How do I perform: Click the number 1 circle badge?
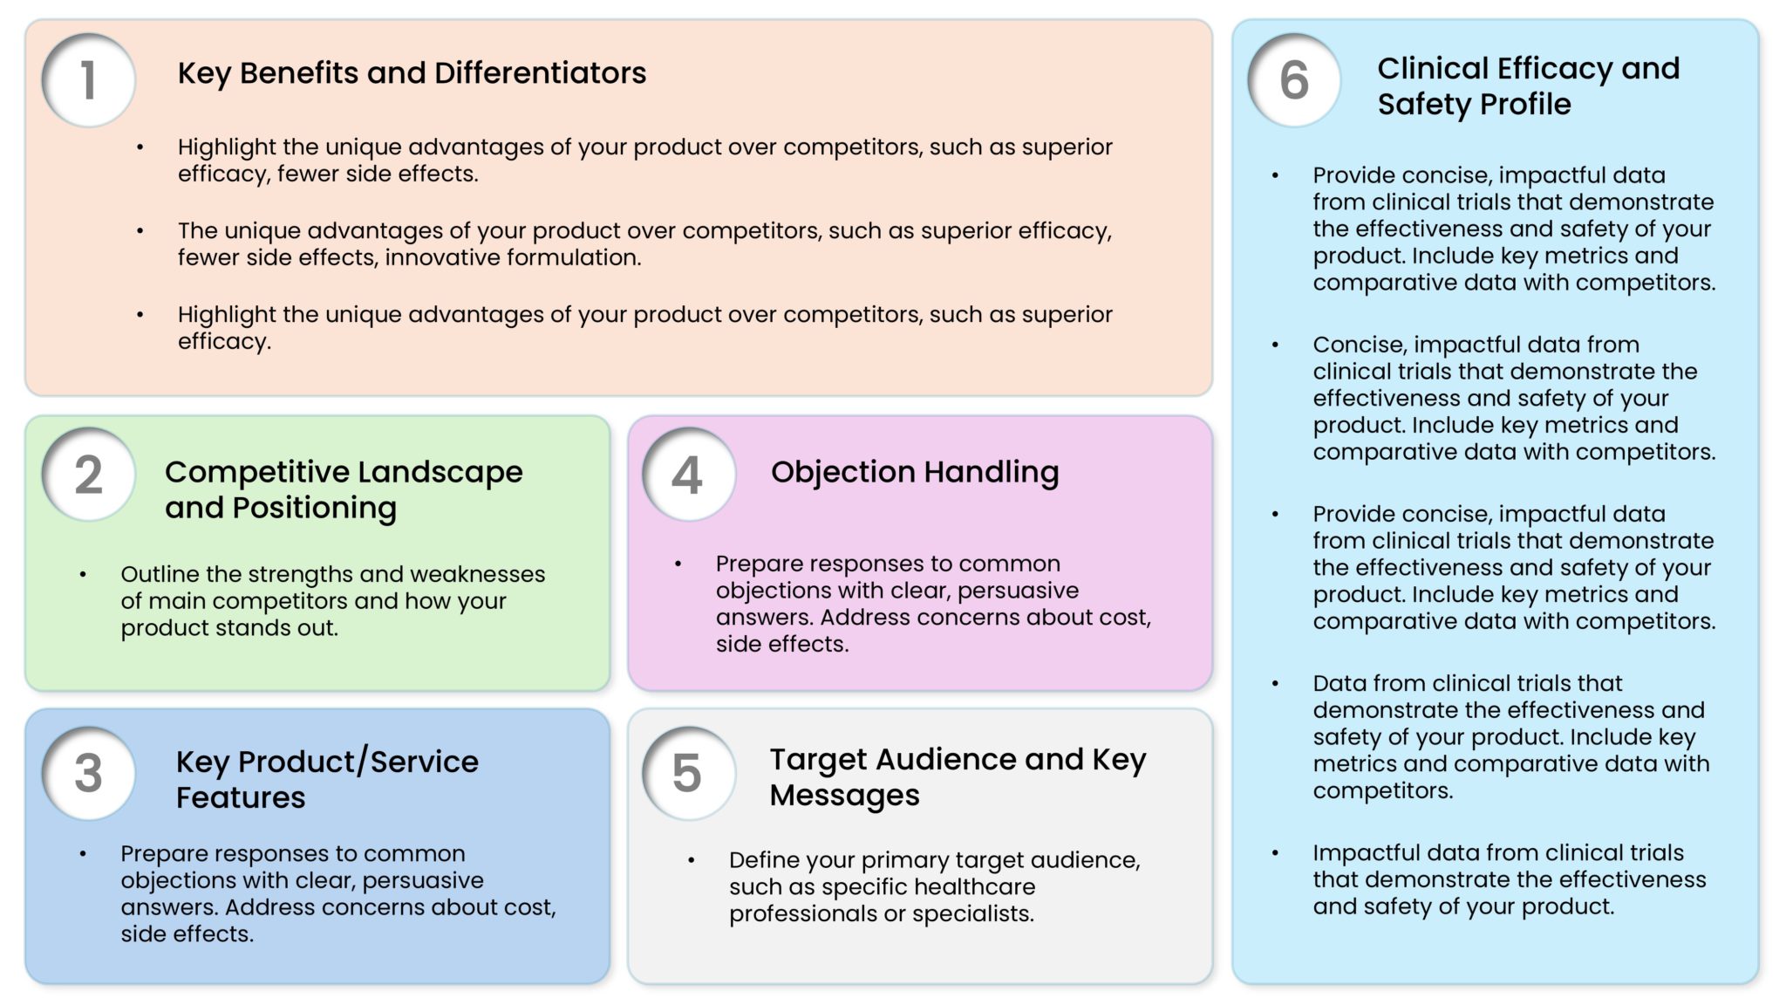(88, 80)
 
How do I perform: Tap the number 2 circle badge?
(88, 475)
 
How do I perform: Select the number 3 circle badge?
(88, 773)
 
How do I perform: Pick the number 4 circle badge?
(688, 475)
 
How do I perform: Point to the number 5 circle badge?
(688, 773)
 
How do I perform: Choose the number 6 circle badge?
(1294, 80)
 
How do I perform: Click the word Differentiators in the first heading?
(540, 73)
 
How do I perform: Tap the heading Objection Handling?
(914, 472)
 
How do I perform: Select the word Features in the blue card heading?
(241, 797)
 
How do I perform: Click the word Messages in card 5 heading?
(843, 796)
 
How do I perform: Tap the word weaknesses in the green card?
(477, 574)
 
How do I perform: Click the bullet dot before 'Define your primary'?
(691, 860)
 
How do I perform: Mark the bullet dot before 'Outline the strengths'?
(83, 574)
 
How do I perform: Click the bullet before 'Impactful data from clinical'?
(1275, 852)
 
